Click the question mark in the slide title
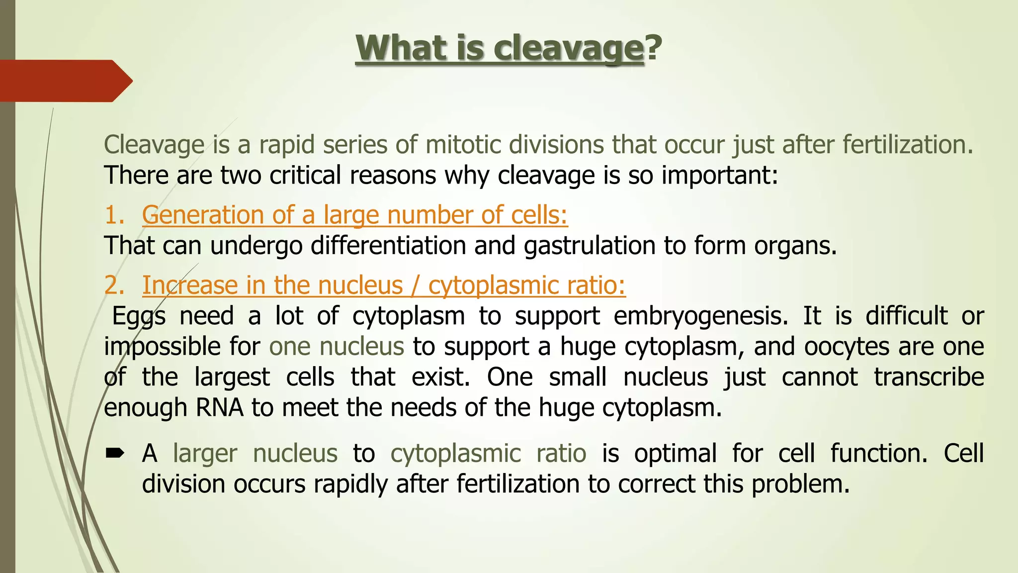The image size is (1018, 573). click(x=654, y=48)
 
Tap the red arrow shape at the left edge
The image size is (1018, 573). click(x=65, y=81)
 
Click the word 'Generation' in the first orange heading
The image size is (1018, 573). click(x=203, y=216)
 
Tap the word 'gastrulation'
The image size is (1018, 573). click(x=589, y=246)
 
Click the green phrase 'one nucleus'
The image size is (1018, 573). click(x=337, y=346)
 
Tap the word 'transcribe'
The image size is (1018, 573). click(x=929, y=377)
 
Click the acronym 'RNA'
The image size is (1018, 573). click(x=220, y=408)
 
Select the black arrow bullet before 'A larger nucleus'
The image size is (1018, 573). click(x=115, y=453)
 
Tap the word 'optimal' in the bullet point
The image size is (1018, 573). click(x=675, y=454)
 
